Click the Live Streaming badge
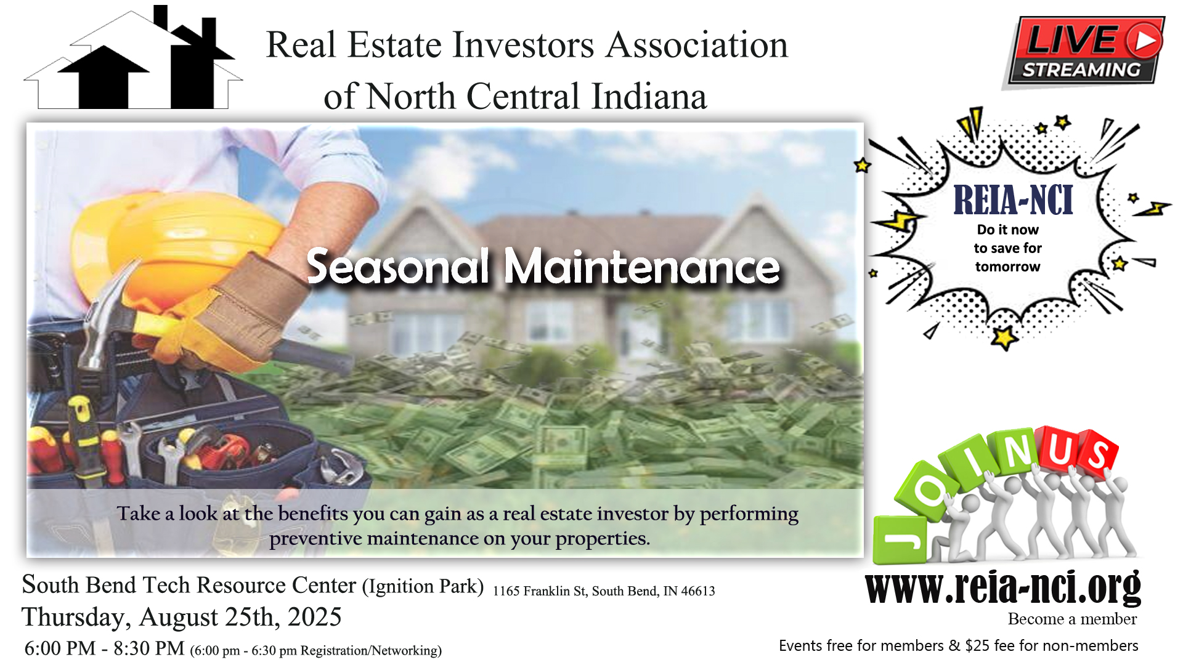(x=1084, y=52)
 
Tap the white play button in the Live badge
(x=1145, y=40)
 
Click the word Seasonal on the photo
(x=398, y=267)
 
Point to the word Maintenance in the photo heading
(x=642, y=267)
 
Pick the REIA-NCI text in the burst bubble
(x=1013, y=200)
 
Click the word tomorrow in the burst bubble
(x=1007, y=267)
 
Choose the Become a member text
(x=1072, y=619)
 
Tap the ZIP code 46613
(x=697, y=591)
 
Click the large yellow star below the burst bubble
(x=1004, y=337)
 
